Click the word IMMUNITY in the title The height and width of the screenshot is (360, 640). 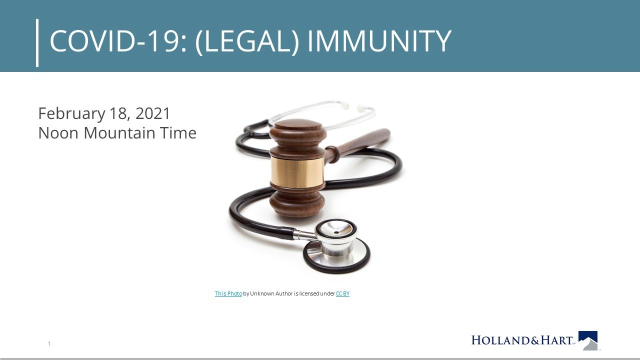tap(378, 41)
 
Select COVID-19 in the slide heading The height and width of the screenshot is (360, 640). tap(118, 41)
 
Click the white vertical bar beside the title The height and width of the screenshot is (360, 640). tap(37, 42)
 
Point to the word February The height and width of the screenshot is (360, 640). tap(71, 113)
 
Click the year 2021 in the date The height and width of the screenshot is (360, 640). tap(153, 113)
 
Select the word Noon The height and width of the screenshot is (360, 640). tap(58, 133)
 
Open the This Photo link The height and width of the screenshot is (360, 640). tap(228, 293)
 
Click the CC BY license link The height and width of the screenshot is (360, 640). tap(342, 293)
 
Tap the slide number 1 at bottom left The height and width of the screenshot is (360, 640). tap(49, 343)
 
